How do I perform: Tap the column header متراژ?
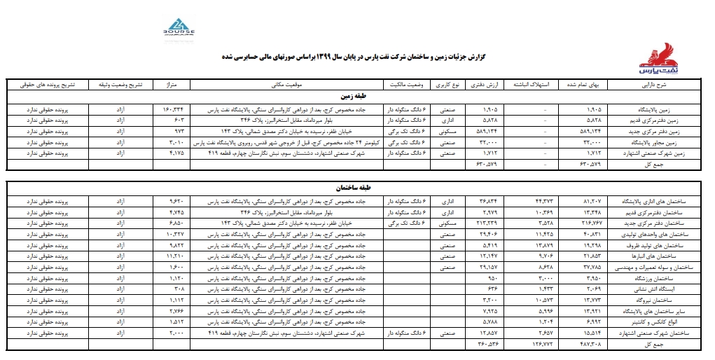click(x=172, y=85)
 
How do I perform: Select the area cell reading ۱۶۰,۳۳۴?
click(x=172, y=110)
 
